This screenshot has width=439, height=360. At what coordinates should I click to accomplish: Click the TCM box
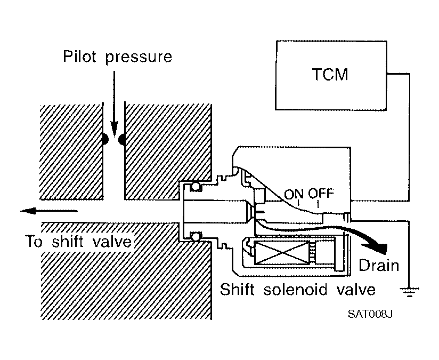pos(331,75)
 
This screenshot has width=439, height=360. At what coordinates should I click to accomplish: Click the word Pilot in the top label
pos(80,56)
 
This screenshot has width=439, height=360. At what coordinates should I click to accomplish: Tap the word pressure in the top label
pos(139,58)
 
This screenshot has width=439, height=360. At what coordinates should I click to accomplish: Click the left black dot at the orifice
pos(105,139)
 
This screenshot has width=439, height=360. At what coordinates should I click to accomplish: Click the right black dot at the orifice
pos(122,139)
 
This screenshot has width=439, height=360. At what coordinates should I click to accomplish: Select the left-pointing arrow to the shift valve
pos(48,211)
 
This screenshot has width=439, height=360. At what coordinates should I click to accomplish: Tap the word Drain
pos(378,265)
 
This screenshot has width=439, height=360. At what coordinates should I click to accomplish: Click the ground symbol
pos(409,292)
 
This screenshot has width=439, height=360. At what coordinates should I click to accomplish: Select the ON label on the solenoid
pos(294,194)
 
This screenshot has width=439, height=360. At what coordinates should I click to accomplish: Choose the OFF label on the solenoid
pos(321,194)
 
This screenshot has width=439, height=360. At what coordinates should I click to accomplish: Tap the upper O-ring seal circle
pos(195,186)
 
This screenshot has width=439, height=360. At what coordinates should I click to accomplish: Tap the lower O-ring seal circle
pos(196,236)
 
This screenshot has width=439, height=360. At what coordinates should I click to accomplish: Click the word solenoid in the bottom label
pos(295,290)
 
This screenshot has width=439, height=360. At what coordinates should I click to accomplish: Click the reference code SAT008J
pos(370,314)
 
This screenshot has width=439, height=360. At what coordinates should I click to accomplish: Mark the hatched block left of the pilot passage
pos(71,152)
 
